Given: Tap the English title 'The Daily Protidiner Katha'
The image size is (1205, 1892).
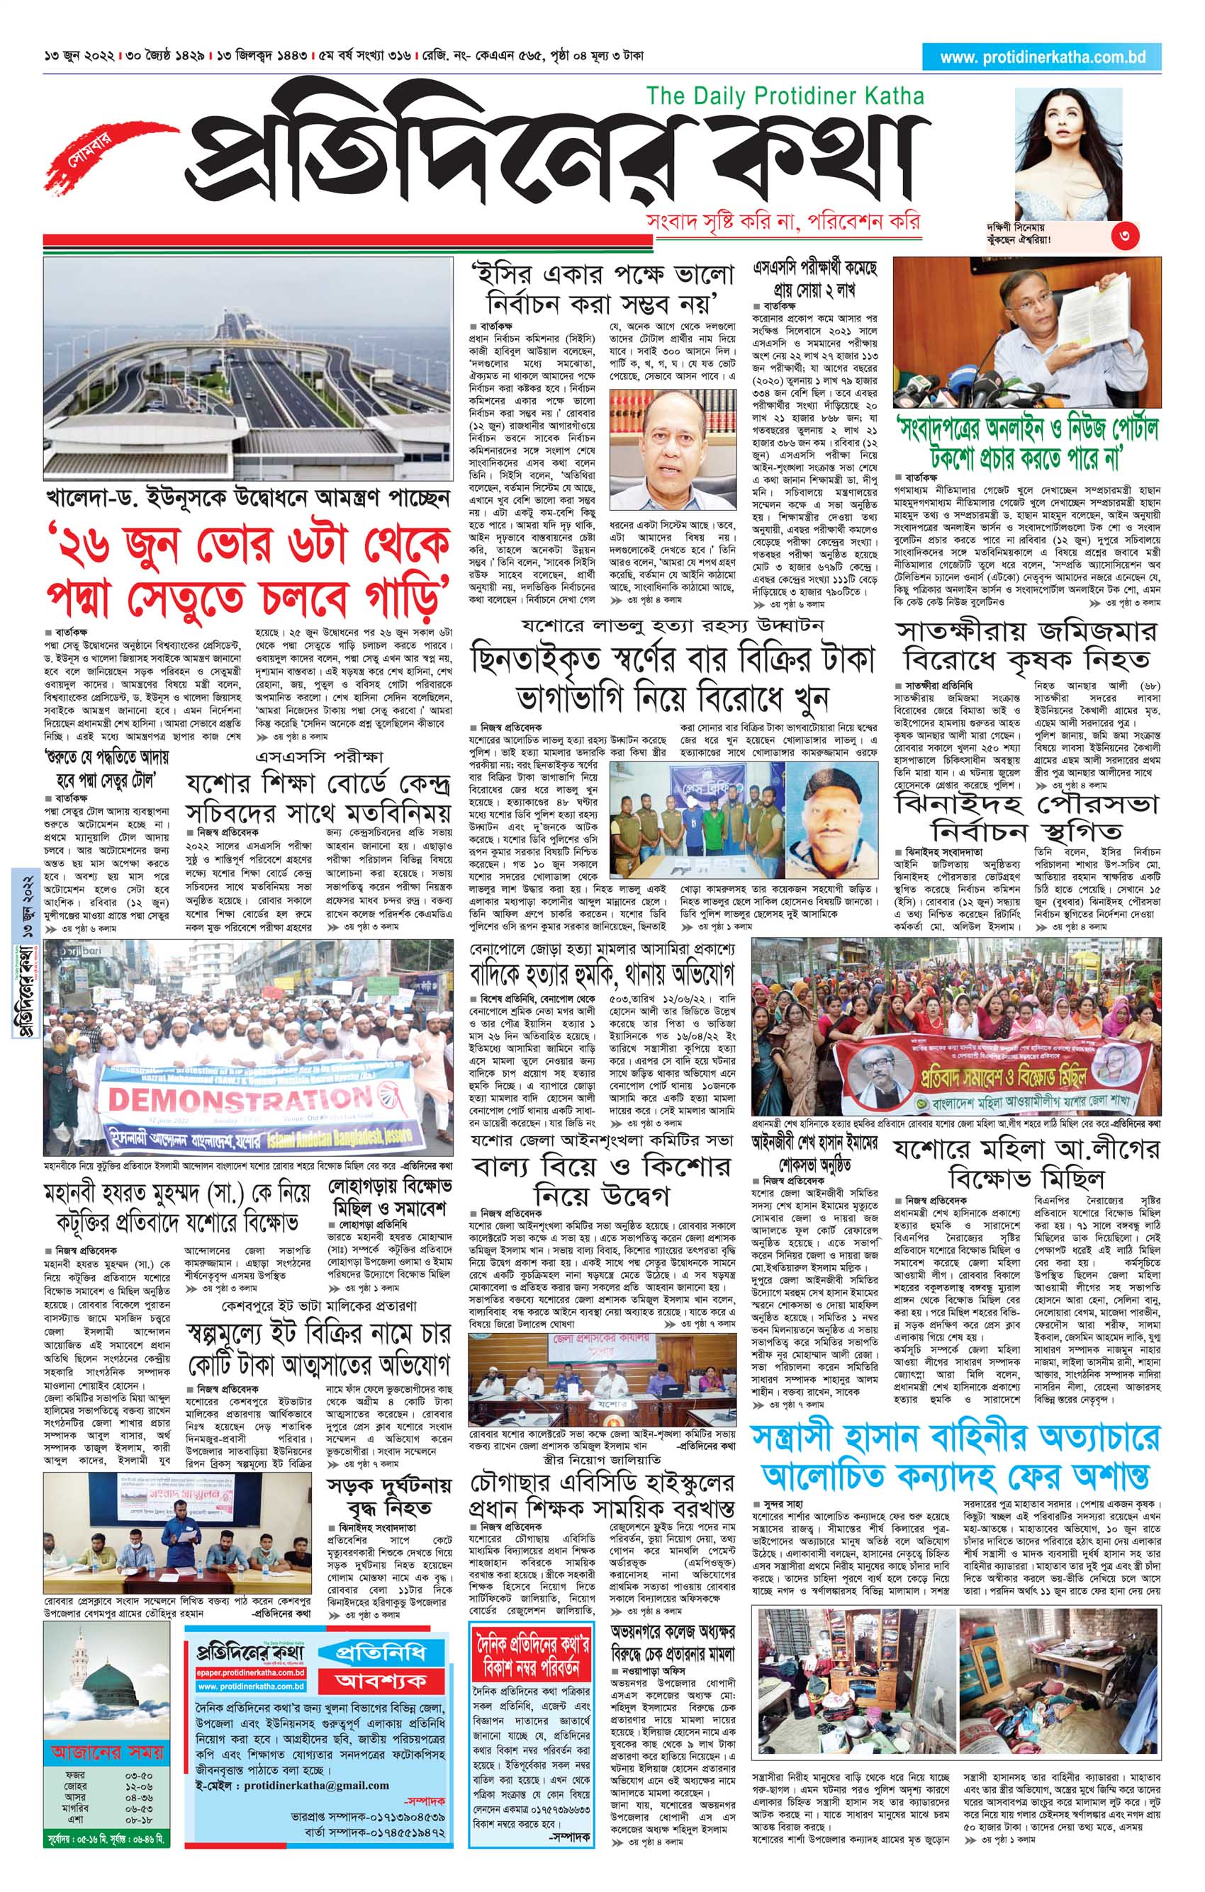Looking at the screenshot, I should (x=785, y=96).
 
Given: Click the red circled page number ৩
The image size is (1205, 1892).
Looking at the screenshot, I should (x=1125, y=237).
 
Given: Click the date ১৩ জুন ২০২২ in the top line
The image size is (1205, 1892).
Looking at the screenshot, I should (x=80, y=57).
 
